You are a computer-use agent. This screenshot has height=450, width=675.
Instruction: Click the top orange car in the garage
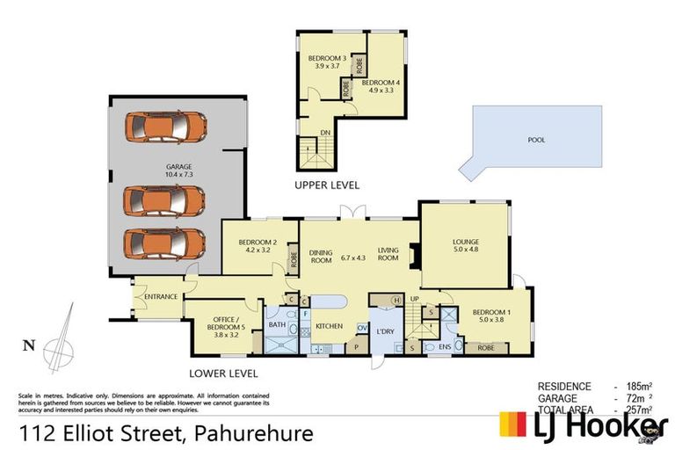(x=165, y=127)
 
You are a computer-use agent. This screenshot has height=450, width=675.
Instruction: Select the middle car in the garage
(x=165, y=201)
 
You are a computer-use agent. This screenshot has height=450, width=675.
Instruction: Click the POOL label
(x=536, y=140)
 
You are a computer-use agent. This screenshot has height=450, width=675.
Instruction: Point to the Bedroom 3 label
(x=321, y=59)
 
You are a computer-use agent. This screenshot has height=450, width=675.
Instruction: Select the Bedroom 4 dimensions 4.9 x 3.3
(x=381, y=90)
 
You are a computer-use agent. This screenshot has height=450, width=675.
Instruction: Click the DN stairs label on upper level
(x=325, y=133)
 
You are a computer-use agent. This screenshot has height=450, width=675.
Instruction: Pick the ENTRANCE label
(x=162, y=297)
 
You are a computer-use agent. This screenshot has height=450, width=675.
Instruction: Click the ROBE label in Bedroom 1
(x=485, y=347)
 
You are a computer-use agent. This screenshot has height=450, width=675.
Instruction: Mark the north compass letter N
(x=30, y=346)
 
